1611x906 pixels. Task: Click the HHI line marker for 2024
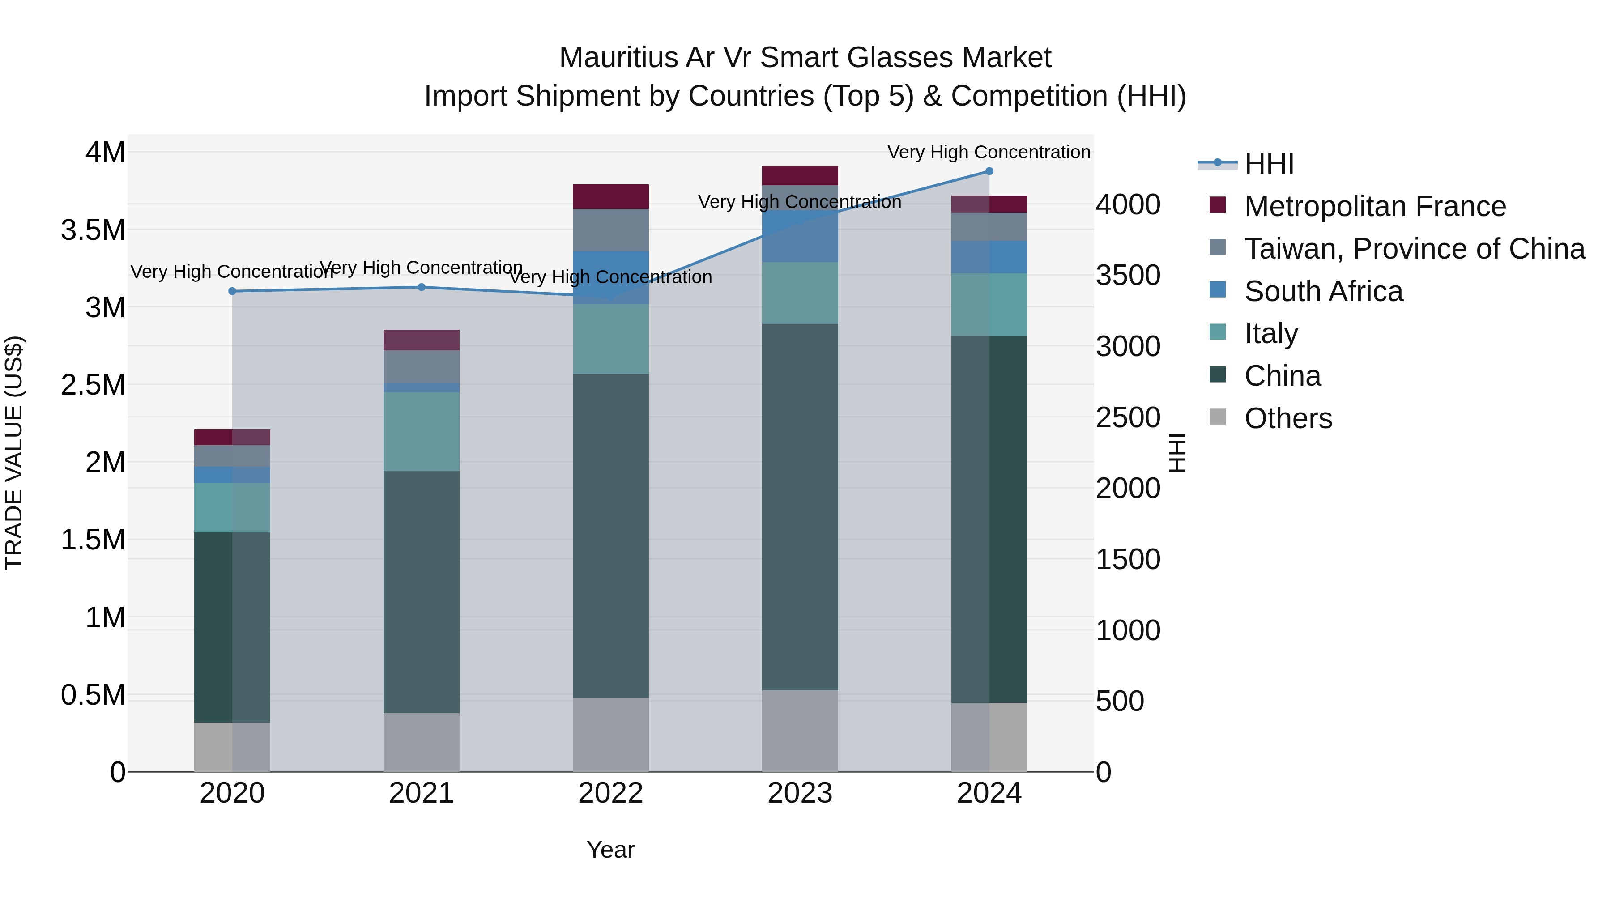(989, 171)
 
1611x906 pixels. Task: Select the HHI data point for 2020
(232, 291)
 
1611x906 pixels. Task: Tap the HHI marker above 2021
(422, 287)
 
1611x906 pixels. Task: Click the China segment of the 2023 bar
(799, 506)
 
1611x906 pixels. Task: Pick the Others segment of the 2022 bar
(610, 734)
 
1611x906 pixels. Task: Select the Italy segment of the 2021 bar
(422, 431)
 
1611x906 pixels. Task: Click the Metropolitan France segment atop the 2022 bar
(610, 196)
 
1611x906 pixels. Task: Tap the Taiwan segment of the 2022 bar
(610, 230)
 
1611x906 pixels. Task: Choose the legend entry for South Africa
(1323, 291)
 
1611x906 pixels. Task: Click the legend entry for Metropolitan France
(1375, 206)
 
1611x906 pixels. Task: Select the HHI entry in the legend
(1268, 164)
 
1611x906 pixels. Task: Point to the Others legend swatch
(1217, 417)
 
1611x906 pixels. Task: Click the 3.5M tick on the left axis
(93, 230)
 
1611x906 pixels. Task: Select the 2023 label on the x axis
(799, 793)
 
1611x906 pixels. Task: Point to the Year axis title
(610, 850)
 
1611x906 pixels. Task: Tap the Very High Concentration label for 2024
(988, 152)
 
